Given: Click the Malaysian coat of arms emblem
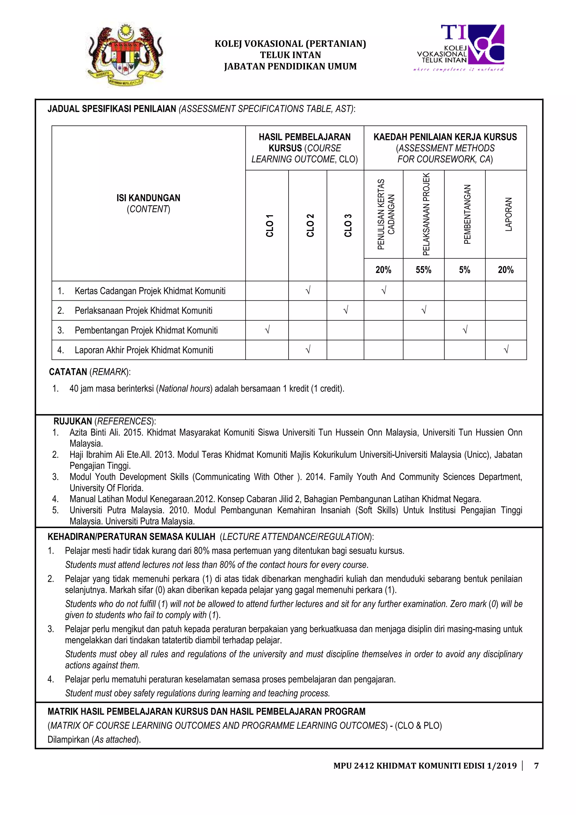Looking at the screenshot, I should point(125,55).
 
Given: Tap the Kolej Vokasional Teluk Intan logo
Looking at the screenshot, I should point(461,48).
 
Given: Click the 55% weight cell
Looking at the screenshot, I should point(423,270).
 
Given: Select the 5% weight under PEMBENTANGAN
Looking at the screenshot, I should point(464,270).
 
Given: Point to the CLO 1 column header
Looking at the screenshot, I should point(270,225).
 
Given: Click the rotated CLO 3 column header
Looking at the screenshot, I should point(348,225).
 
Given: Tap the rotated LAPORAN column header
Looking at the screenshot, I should point(508,214).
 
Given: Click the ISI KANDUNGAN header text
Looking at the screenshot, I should point(148,198).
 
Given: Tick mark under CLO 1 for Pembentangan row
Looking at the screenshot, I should point(267,330).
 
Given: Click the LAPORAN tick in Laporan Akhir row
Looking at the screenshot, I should point(506,350).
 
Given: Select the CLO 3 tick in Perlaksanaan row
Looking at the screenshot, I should point(346,311).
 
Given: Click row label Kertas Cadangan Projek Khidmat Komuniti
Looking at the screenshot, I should point(150,291).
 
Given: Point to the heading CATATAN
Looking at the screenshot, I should point(68,372).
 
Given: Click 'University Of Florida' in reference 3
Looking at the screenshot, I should point(106,488).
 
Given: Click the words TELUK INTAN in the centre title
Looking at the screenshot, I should point(290,55).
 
